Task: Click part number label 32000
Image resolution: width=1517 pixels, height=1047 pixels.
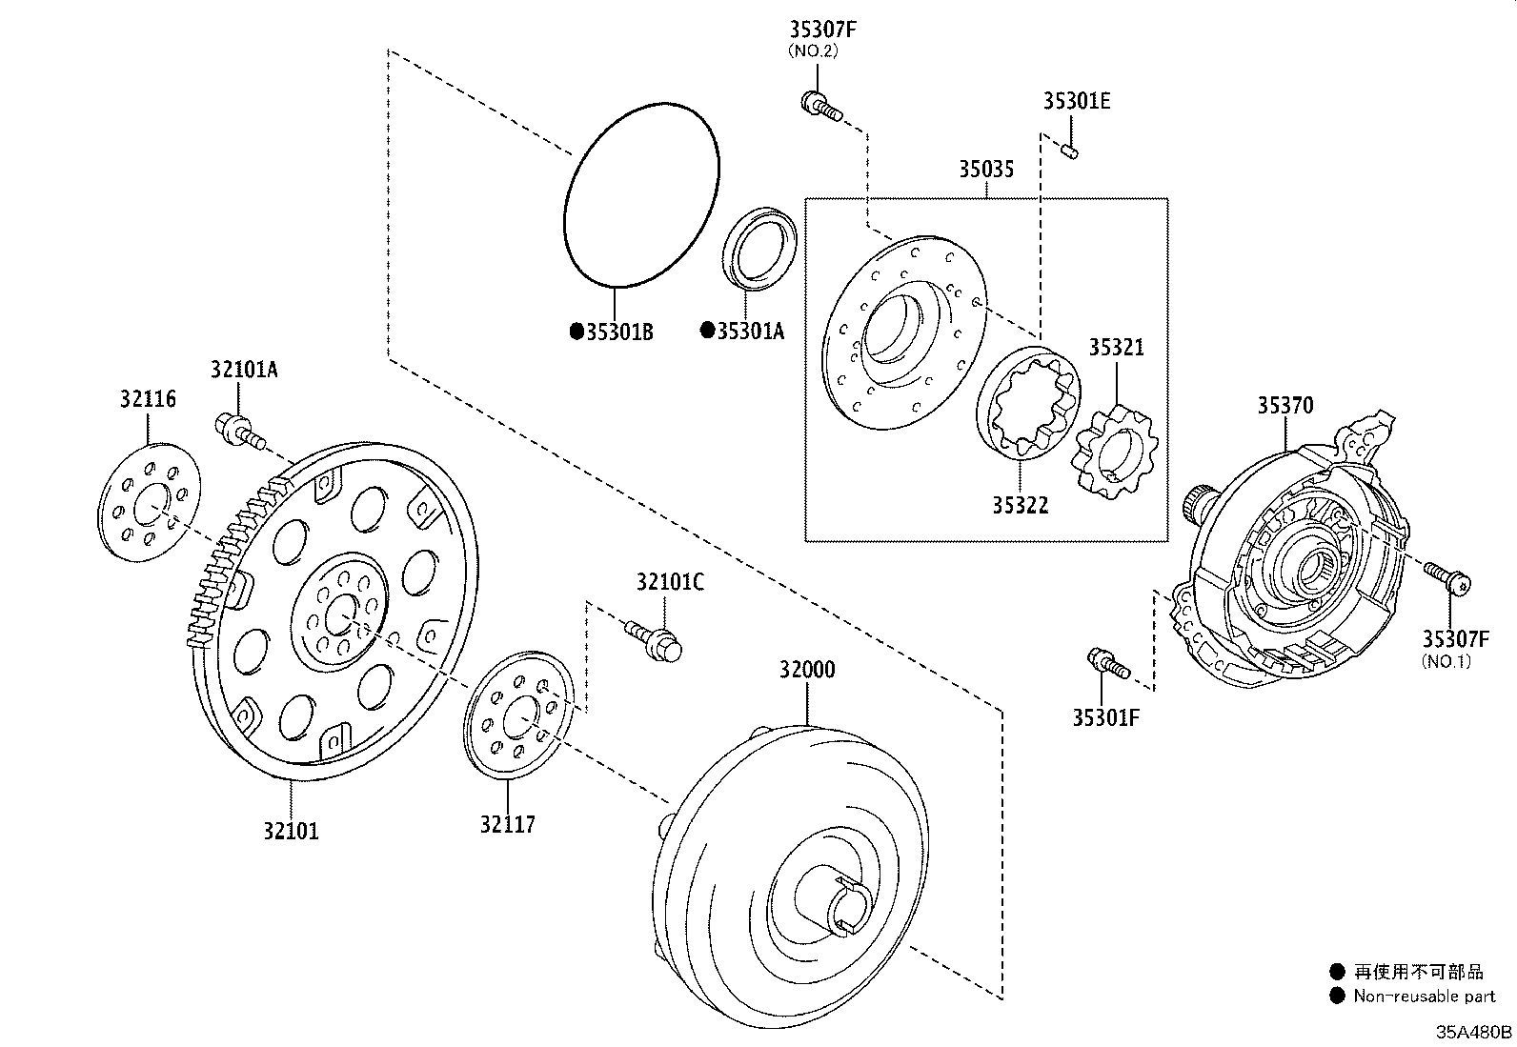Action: (806, 670)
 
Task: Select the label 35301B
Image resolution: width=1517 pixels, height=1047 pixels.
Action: (618, 332)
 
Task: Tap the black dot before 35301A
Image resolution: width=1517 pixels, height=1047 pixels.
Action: (707, 331)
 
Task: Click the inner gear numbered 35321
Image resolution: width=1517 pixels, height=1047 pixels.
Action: (1114, 453)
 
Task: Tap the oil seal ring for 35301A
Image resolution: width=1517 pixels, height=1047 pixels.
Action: (760, 248)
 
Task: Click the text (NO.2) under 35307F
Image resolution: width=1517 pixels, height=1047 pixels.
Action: (812, 51)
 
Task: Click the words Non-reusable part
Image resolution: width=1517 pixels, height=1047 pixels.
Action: (1426, 997)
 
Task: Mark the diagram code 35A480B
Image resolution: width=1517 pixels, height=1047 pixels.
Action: (1474, 1033)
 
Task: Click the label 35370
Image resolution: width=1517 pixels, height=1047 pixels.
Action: (1284, 406)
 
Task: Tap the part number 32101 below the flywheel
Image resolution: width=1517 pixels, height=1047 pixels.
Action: (291, 831)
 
